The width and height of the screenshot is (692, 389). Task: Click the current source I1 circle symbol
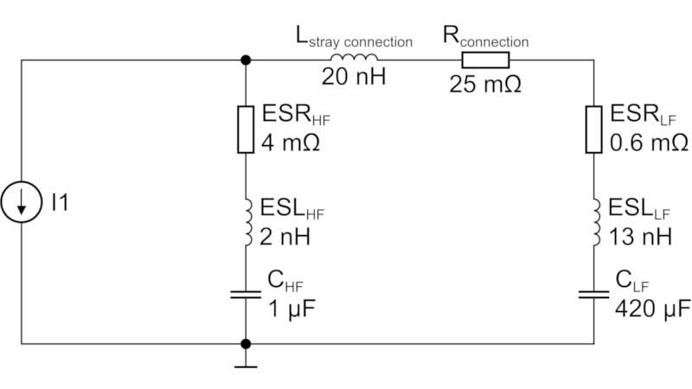[22, 202]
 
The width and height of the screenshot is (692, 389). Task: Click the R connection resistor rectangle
[485, 60]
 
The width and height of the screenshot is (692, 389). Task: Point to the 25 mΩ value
[484, 85]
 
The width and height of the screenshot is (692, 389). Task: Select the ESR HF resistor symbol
[246, 129]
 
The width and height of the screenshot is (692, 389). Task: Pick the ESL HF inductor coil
[246, 220]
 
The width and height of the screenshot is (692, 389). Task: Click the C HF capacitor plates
[246, 294]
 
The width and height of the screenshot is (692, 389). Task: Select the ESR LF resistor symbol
[593, 129]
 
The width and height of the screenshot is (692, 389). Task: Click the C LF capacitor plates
[593, 294]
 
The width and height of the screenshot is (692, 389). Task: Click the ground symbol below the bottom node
[246, 361]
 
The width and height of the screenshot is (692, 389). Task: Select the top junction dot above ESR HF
[246, 60]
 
